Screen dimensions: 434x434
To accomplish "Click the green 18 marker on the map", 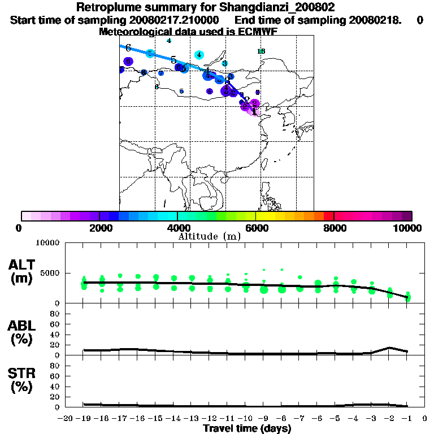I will pos(261,51).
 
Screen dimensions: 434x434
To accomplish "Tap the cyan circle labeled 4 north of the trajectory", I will pos(199,55).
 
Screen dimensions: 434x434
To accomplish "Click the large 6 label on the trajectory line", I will pos(128,47).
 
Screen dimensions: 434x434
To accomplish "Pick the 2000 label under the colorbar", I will pos(99,228).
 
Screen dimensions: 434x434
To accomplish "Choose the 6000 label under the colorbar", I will pos(256,228).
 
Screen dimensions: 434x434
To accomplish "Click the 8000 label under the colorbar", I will pos(334,228).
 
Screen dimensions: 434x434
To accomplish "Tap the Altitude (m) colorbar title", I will pos(209,236).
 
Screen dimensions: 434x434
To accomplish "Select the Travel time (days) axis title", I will pos(247,429).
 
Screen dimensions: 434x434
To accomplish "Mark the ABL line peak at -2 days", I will pos(389,348).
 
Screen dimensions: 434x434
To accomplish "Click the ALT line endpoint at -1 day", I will pos(407,297).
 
